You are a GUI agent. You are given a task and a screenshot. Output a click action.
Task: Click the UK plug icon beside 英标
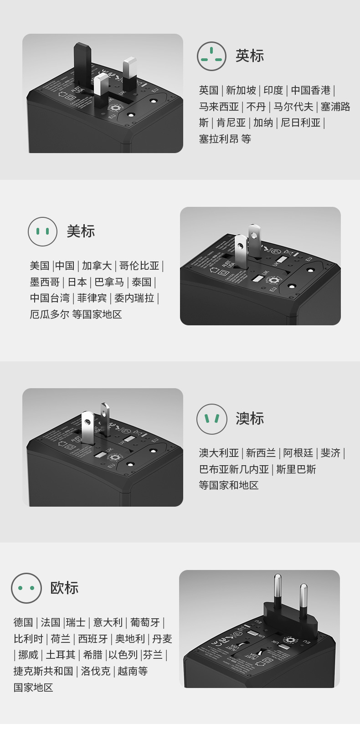(211, 56)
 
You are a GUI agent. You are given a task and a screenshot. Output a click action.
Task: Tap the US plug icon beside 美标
(42, 231)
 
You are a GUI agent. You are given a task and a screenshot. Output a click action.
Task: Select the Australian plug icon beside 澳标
(211, 419)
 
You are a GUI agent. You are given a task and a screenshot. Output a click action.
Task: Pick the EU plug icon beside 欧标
(26, 588)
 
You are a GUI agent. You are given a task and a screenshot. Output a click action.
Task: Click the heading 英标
(249, 56)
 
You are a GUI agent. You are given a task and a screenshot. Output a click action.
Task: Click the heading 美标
(81, 231)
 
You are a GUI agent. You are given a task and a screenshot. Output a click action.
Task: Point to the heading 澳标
(249, 419)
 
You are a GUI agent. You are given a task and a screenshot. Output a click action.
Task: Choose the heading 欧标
(64, 588)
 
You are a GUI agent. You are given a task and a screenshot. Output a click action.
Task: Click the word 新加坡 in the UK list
(241, 90)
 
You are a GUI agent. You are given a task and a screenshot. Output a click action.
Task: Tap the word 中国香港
(311, 90)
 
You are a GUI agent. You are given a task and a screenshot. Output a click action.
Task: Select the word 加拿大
(97, 266)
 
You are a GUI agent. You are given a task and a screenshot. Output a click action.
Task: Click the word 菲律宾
(92, 298)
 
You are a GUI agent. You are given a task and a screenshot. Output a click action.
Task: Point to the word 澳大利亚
(219, 453)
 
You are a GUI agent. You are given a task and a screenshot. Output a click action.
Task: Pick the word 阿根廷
(298, 453)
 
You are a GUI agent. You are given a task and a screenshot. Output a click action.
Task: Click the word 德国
(23, 622)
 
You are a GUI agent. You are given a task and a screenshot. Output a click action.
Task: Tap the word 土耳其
(60, 655)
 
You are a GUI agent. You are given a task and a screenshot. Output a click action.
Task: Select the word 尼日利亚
(301, 123)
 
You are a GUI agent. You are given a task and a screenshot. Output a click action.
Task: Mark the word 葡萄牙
(145, 622)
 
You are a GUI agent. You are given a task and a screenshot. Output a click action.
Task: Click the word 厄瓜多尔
(49, 314)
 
